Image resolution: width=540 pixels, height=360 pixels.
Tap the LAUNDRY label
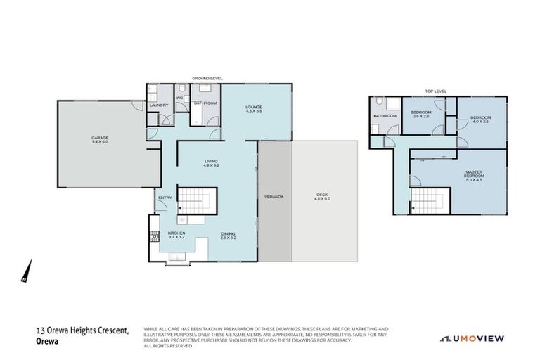[x=159, y=105]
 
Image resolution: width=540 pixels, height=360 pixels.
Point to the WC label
[x=180, y=98]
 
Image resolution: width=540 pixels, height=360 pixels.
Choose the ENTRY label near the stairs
[x=165, y=198]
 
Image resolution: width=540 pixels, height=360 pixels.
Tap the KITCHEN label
[x=176, y=234]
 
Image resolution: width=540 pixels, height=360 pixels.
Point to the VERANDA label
[x=274, y=196]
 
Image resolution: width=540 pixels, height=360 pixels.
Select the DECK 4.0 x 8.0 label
[x=322, y=197]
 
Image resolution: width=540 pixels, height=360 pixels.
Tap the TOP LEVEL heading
[x=436, y=91]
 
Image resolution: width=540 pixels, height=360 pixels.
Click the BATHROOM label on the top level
[x=385, y=116]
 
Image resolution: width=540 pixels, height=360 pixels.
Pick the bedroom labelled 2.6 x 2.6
[x=421, y=115]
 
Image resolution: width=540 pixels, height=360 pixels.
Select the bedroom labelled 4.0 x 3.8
[x=480, y=120]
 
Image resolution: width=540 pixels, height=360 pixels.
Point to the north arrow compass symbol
[x=27, y=271]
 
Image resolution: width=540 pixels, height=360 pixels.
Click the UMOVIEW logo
[x=472, y=337]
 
